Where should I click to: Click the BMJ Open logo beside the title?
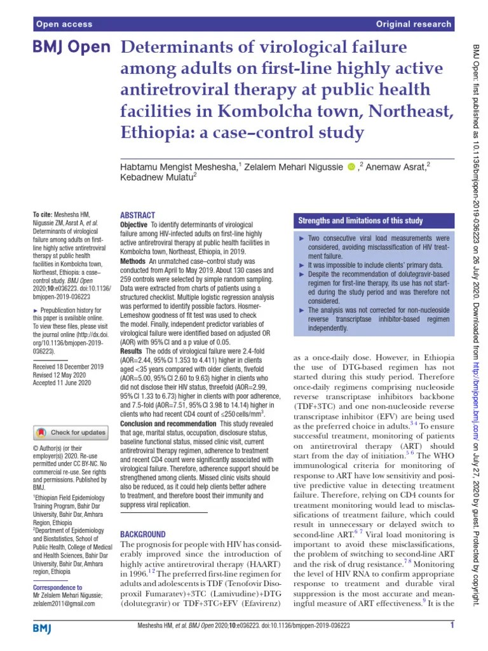(x=71, y=48)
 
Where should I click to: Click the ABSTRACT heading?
(x=137, y=216)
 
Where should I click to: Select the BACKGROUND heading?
(x=143, y=535)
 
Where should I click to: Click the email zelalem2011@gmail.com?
(x=64, y=603)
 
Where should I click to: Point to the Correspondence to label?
(x=57, y=587)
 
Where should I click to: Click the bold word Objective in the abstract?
(x=134, y=226)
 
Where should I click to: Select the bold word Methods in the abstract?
(x=133, y=261)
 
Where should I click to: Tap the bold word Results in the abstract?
(x=132, y=351)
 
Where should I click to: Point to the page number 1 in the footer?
(x=451, y=626)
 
